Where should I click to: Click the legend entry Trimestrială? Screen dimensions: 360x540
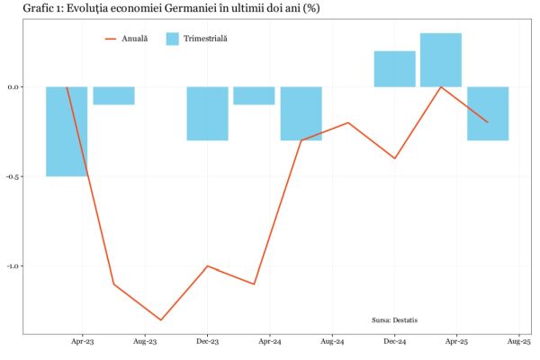pos(205,39)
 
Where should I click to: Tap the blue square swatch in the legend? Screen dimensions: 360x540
pos(173,39)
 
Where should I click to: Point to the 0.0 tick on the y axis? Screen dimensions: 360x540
pos(13,87)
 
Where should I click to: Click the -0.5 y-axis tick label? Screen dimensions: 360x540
pos(13,176)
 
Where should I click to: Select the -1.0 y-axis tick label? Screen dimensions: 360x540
pos(13,266)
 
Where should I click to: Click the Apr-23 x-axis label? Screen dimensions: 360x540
pos(83,342)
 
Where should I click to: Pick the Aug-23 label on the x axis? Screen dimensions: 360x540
pos(146,342)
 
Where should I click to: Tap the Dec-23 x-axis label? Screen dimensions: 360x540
pos(208,342)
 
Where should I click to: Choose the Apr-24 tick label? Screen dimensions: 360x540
pos(270,342)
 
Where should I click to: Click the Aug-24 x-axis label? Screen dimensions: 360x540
pos(332,342)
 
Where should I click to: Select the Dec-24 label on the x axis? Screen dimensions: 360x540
pos(394,342)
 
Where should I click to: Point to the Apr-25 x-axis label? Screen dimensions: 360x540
pos(456,342)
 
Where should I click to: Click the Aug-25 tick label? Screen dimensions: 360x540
pos(519,342)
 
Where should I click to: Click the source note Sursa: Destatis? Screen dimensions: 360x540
pos(394,319)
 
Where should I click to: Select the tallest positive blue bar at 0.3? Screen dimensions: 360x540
pos(441,60)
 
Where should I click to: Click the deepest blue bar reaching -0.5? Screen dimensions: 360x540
pos(67,131)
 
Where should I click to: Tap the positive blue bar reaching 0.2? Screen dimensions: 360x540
pos(394,69)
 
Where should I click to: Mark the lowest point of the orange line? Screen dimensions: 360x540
pos(161,319)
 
